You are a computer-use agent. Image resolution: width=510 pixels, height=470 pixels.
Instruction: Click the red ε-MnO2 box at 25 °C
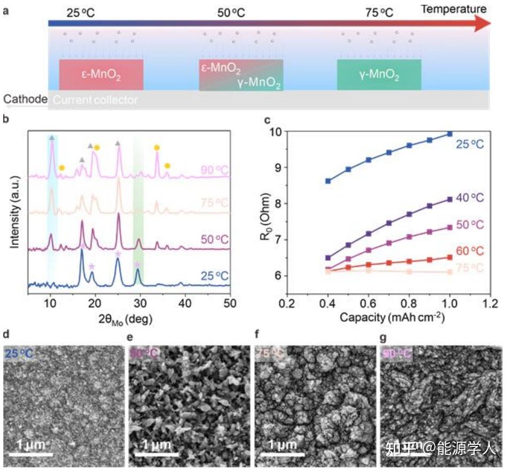(101, 74)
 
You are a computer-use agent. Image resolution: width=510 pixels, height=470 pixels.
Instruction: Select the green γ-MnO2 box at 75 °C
(379, 74)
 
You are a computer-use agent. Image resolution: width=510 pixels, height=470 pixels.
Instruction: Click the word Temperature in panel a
(453, 9)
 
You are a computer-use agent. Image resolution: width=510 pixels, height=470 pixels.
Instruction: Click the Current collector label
(96, 100)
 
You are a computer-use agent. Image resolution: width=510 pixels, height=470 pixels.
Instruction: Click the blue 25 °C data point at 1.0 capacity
(450, 134)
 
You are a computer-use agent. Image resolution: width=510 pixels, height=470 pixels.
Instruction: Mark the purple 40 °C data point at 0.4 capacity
(328, 257)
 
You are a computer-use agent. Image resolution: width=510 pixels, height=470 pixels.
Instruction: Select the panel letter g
(383, 337)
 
